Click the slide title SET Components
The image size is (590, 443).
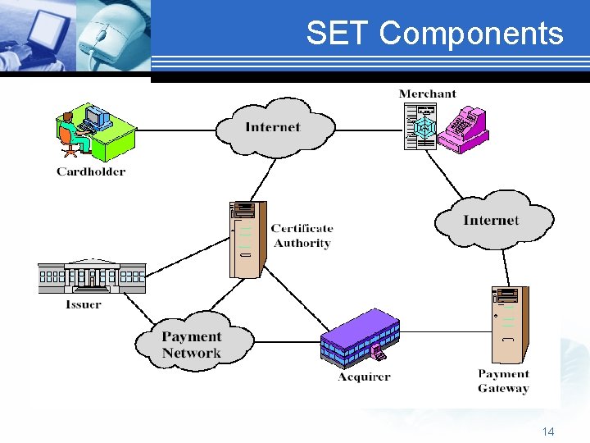[434, 34]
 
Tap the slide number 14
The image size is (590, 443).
[548, 431]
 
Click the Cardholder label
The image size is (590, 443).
[91, 171]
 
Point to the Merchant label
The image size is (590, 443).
[427, 94]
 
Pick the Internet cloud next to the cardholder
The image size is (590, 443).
[274, 127]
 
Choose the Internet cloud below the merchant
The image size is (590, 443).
[492, 220]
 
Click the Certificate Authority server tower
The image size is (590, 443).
[247, 238]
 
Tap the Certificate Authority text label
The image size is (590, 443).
[302, 235]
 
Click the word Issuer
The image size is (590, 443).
[84, 304]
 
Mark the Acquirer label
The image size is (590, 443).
[364, 377]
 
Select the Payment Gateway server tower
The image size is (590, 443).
[509, 325]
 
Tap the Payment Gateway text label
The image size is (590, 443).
[503, 381]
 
